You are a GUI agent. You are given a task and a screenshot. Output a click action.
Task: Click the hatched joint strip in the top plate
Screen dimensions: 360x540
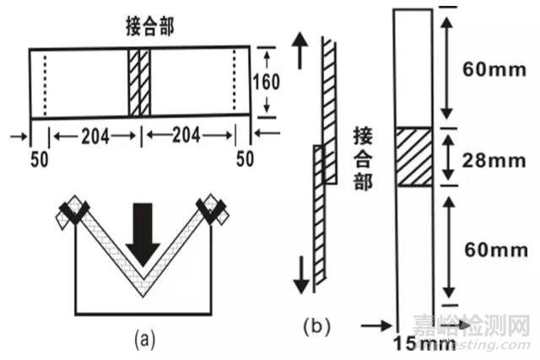[139, 82]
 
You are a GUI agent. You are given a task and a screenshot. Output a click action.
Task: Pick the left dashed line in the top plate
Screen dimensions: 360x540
[45, 82]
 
